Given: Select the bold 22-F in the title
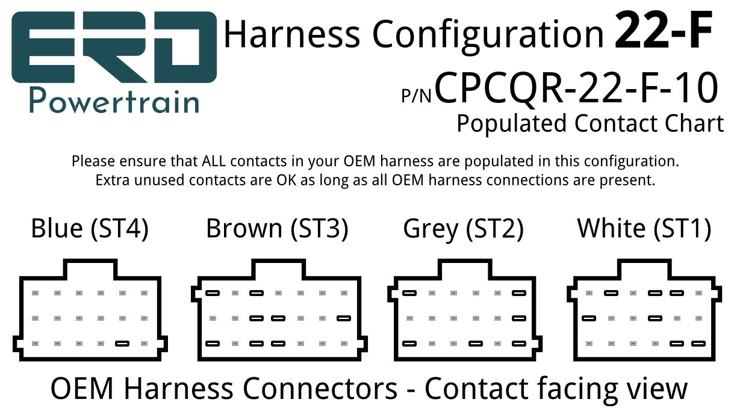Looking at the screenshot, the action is tap(663, 30).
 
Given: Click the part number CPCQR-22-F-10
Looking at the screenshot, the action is tap(576, 87).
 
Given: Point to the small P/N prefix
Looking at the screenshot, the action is tap(417, 95).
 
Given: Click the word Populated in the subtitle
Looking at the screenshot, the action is tap(511, 124).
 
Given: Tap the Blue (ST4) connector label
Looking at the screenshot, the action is tap(90, 229).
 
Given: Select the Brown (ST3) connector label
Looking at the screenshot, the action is tap(277, 229).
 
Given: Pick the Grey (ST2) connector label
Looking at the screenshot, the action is tap(464, 229).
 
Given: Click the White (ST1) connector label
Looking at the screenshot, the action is tap(644, 229).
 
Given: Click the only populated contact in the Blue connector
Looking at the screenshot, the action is tap(122, 344).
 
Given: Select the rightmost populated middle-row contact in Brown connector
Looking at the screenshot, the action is tap(344, 318).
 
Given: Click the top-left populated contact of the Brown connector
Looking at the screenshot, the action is tap(213, 293).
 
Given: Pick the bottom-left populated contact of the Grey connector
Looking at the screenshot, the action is tap(409, 344).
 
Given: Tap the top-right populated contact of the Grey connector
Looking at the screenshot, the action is tap(519, 293).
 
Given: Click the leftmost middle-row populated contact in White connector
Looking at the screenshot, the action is tap(589, 318).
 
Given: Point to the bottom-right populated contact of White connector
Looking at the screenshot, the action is tap(698, 344).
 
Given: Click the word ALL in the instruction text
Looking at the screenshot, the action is tap(214, 161).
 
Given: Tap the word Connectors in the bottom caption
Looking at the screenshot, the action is tap(320, 388).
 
